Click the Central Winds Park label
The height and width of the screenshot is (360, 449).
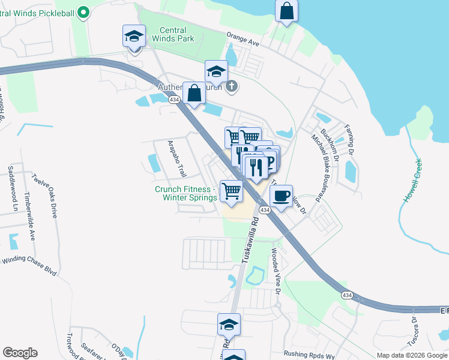tap(176, 34)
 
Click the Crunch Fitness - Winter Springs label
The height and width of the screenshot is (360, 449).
tap(185, 194)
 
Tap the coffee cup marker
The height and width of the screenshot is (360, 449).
tap(281, 196)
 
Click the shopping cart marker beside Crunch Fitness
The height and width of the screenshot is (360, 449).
tap(231, 191)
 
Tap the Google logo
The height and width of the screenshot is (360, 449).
tap(20, 353)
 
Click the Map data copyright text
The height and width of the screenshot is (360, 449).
tap(411, 355)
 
